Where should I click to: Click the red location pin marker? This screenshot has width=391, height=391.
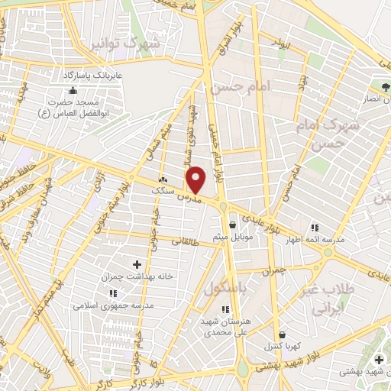coord(197,179)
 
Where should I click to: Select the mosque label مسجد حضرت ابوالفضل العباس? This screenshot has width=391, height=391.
coord(73,107)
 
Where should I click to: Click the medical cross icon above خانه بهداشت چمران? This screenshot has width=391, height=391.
coord(137,264)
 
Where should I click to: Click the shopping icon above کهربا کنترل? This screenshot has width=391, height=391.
coord(283,334)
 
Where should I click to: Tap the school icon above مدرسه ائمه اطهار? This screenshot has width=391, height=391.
coord(315,228)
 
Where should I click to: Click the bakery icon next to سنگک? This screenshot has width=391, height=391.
coord(162,179)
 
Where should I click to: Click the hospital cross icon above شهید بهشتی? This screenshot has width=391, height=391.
coord(380,359)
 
